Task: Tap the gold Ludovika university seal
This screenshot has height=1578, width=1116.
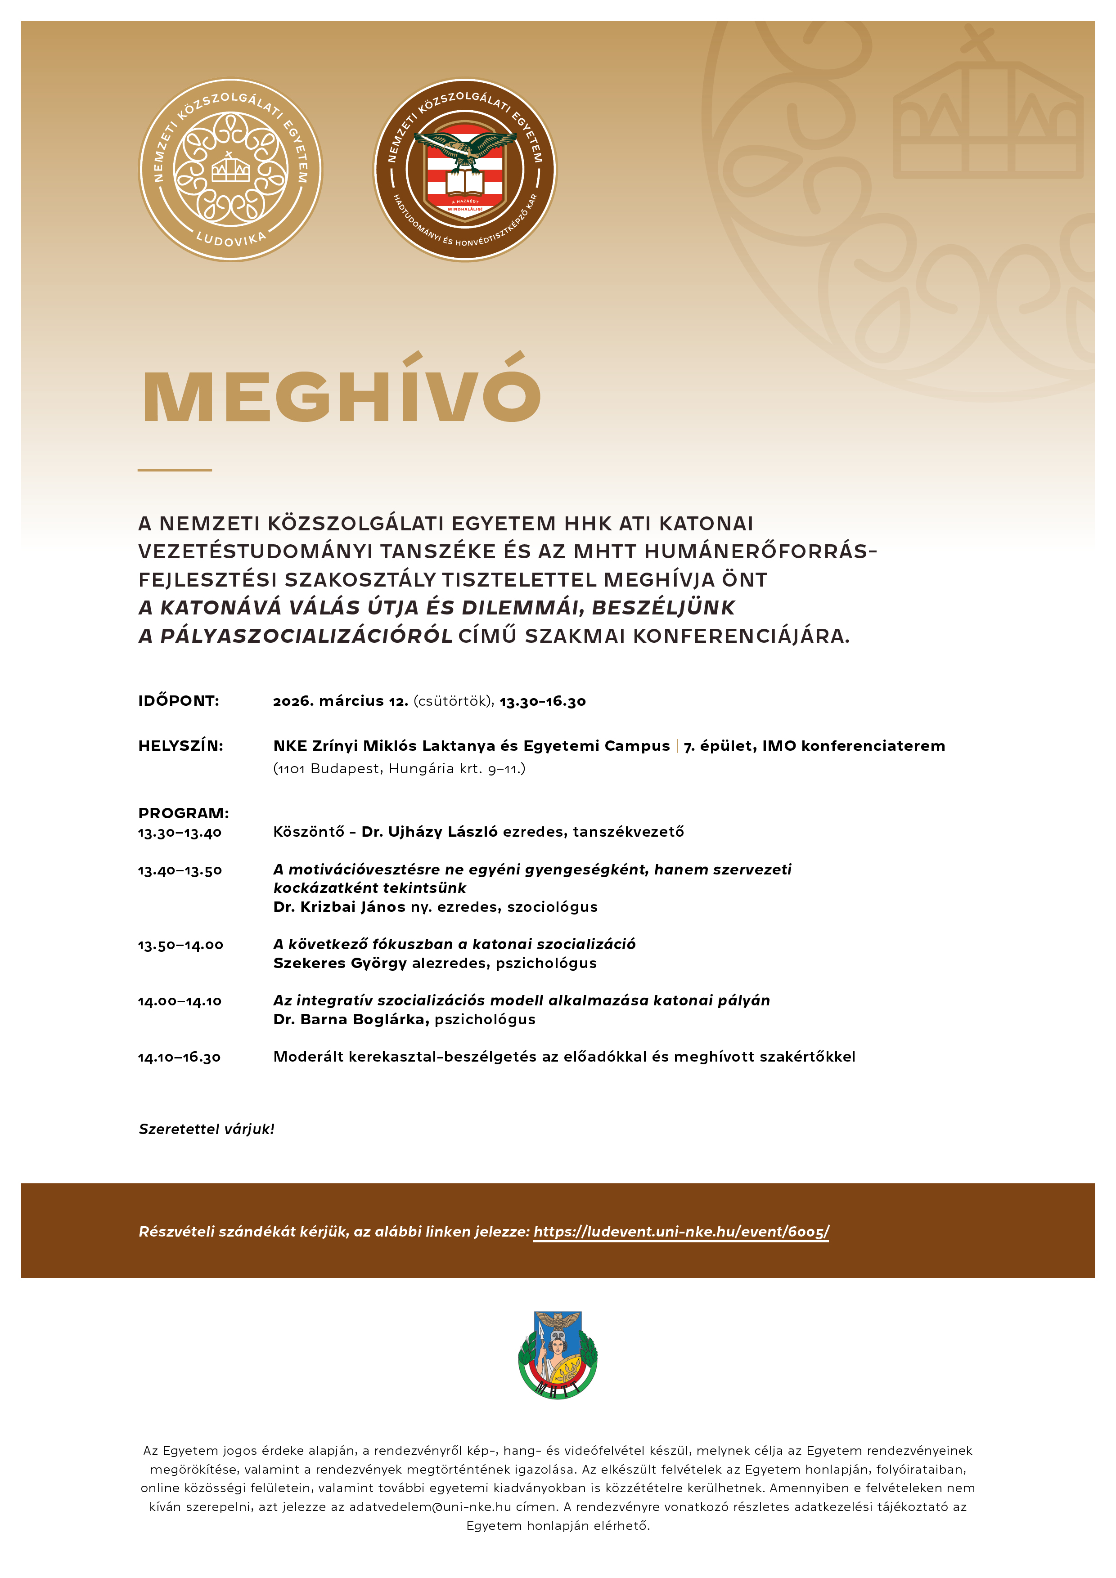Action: [230, 170]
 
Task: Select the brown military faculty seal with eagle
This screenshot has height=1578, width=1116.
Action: [465, 170]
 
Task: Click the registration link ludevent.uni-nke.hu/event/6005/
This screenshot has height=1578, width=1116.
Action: [681, 1232]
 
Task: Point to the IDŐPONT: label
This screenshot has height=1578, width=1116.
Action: [179, 701]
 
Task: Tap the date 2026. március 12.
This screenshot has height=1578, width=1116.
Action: [340, 701]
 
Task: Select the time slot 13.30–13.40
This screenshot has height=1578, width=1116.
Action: [180, 833]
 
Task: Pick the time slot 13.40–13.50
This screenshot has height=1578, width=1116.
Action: [180, 871]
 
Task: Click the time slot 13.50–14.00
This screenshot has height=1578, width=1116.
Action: [180, 946]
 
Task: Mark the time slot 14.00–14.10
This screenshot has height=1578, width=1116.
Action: [180, 1001]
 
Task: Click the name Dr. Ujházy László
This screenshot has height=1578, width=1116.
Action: [429, 832]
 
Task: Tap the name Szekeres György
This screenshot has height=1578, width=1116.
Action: [340, 963]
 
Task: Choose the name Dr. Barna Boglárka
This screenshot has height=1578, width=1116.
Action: [351, 1019]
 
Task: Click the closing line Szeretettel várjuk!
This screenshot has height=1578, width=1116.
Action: [206, 1129]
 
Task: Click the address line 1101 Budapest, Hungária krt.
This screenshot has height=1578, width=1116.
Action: [399, 768]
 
